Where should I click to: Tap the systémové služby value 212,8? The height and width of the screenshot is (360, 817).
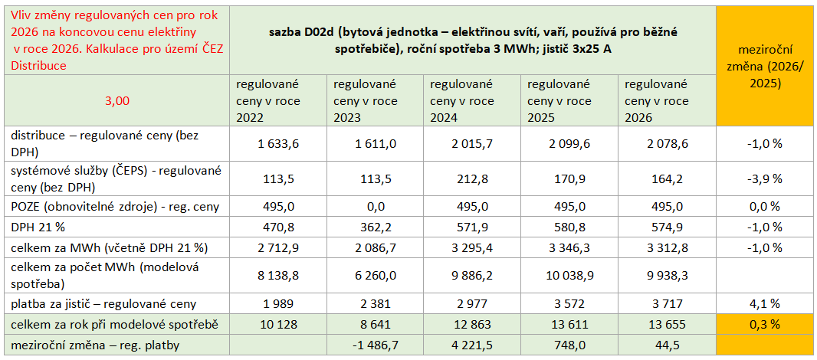(472, 178)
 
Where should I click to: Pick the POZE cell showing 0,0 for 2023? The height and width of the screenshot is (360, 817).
(375, 207)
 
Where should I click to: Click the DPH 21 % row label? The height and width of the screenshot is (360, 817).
(38, 227)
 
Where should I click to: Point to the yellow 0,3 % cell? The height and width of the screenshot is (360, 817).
(765, 324)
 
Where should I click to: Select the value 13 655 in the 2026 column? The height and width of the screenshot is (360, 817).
(666, 324)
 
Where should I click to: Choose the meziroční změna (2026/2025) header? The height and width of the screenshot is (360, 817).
(765, 65)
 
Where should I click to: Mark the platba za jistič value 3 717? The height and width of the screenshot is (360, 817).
(666, 303)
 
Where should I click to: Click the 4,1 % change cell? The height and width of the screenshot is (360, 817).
(765, 303)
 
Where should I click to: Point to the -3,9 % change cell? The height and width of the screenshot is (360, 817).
(765, 178)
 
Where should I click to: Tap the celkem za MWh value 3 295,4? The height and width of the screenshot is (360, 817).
(472, 247)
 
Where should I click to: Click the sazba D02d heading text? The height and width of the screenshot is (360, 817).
(473, 41)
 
